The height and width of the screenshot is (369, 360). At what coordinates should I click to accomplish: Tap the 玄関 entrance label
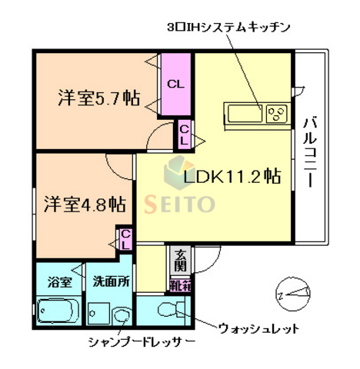(x=179, y=261)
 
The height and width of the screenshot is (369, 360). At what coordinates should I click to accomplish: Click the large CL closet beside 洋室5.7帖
(x=175, y=84)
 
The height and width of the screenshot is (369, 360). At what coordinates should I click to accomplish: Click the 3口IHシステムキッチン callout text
(x=228, y=27)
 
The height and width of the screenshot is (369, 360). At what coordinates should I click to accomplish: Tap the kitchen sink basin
(x=245, y=115)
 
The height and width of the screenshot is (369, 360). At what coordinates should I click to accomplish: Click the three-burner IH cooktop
(x=276, y=115)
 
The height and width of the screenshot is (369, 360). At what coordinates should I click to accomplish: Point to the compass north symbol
(x=293, y=292)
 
